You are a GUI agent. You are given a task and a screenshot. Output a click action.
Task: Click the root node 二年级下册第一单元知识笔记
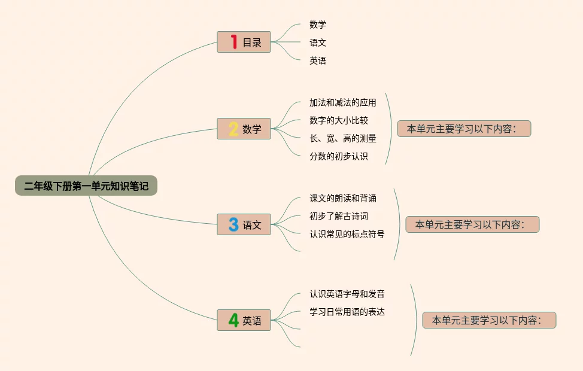[x=86, y=186]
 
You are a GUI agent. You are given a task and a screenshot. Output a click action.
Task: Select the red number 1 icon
[x=233, y=42]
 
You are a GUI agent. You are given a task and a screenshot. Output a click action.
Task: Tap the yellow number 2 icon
[x=233, y=129]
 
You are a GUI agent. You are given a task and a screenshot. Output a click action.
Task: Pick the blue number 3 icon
[x=233, y=224]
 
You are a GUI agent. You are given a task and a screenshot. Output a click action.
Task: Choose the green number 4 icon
[x=233, y=320]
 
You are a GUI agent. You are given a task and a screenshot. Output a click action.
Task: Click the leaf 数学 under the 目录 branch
[x=318, y=25]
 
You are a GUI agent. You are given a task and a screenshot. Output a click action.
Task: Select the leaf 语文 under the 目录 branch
[x=318, y=42]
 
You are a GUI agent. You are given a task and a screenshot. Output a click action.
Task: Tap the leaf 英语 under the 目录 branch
[x=318, y=60]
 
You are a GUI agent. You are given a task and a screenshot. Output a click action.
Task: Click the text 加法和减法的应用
[x=343, y=102]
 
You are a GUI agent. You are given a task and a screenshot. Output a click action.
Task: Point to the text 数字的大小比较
[x=339, y=120]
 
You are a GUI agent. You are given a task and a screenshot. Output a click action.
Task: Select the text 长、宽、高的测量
[x=343, y=138]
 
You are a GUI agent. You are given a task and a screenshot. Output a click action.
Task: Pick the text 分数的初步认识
[x=339, y=156]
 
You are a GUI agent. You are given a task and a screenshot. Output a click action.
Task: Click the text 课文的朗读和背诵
[x=343, y=198]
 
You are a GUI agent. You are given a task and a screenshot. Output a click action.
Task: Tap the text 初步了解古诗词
[x=339, y=216]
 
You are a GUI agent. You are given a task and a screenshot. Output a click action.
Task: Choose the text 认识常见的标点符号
[x=347, y=234]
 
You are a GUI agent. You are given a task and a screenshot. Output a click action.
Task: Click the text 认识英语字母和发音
[x=347, y=294]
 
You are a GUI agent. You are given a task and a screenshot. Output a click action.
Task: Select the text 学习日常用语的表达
[x=347, y=312]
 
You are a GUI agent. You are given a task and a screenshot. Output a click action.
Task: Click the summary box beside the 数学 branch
[x=464, y=129]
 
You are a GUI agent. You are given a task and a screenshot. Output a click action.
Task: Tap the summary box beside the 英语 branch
[x=489, y=320]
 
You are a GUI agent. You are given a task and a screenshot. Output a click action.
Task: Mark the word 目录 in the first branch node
[x=252, y=42]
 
